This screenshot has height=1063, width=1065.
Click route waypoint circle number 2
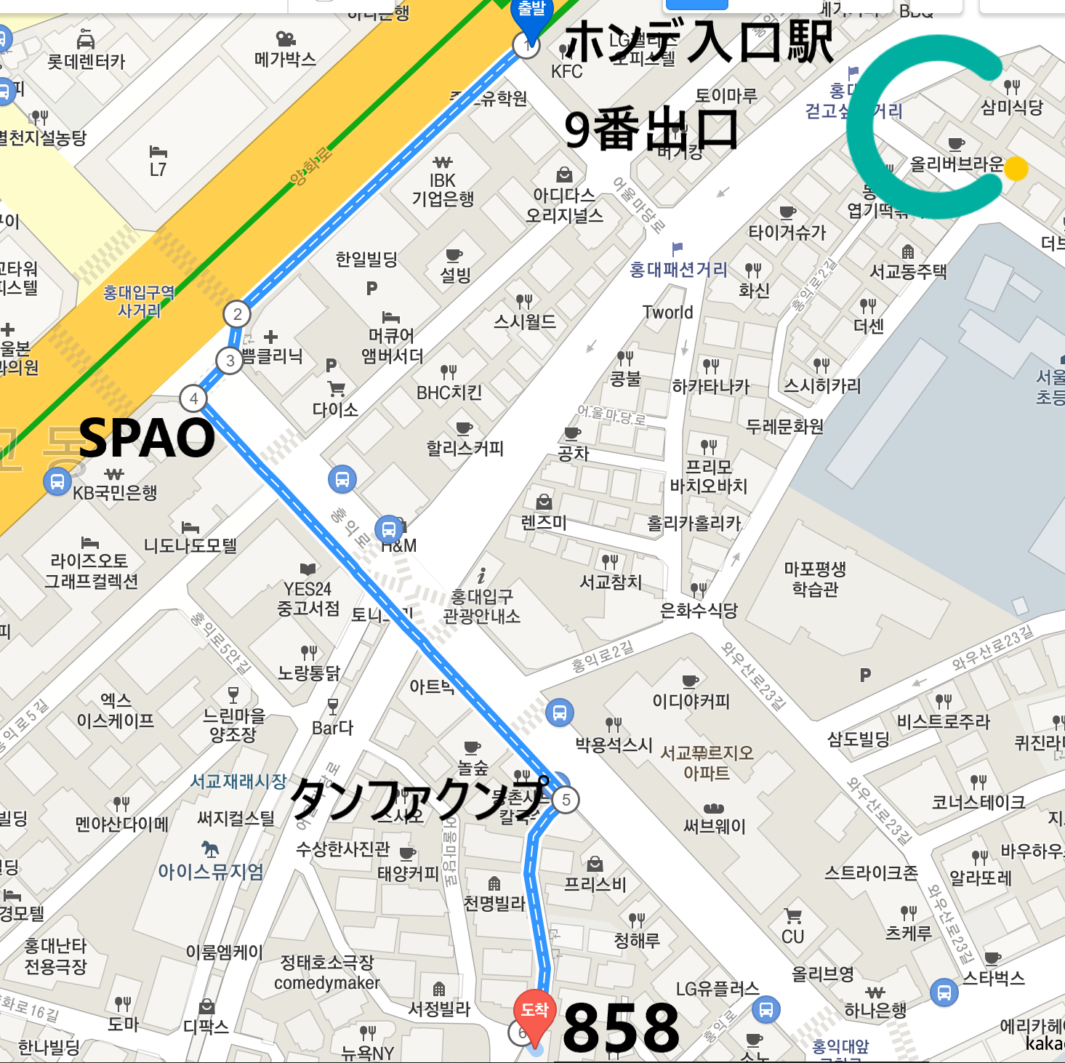click(x=237, y=315)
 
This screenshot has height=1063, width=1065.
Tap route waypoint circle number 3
click(x=230, y=361)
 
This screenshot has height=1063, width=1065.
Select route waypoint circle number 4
click(x=193, y=398)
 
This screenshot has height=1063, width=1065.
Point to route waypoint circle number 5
click(x=566, y=800)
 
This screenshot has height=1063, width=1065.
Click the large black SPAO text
click(x=147, y=438)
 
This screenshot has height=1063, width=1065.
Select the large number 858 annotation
click(x=621, y=1027)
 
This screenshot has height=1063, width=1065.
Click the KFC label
click(x=567, y=71)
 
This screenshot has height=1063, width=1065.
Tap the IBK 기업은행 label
click(x=443, y=189)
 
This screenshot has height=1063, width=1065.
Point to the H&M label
click(x=399, y=545)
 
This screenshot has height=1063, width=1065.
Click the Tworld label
click(x=667, y=313)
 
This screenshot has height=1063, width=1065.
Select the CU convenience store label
click(x=793, y=936)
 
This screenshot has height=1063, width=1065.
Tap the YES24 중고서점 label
click(x=308, y=598)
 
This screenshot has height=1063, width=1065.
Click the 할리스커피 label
click(x=465, y=448)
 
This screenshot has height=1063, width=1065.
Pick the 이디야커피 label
click(x=691, y=701)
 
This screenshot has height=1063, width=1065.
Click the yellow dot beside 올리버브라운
click(x=1016, y=169)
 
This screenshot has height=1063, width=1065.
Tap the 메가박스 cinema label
click(x=285, y=59)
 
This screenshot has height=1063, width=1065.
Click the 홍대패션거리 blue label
click(x=678, y=270)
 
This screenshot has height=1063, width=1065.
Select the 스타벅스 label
click(x=994, y=978)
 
